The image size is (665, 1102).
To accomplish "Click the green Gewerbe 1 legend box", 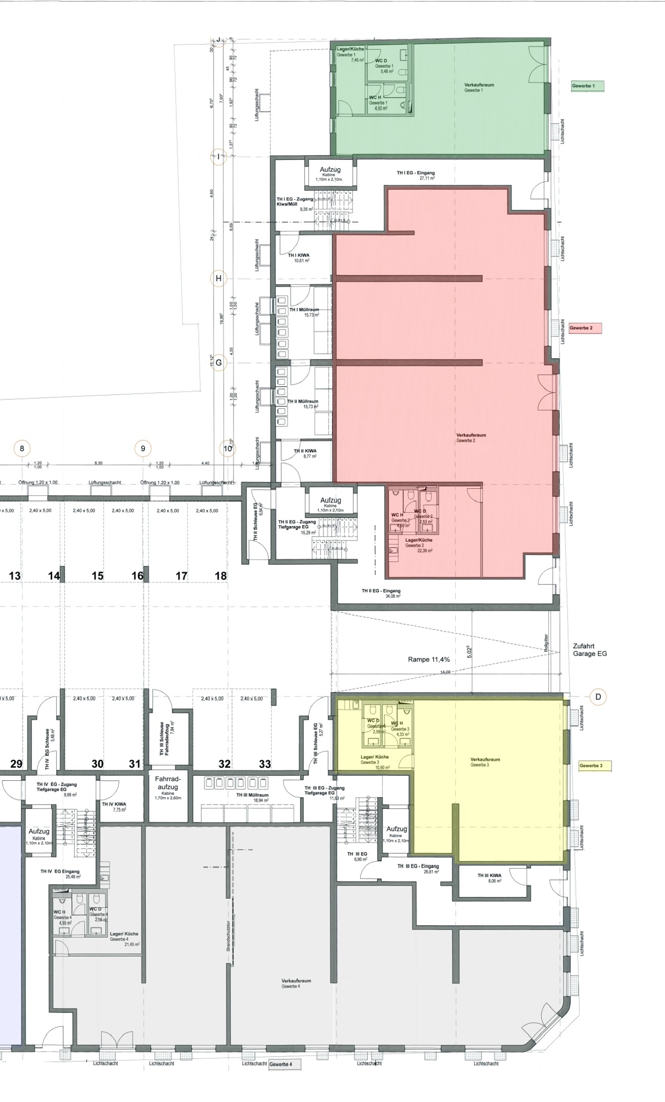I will click(x=587, y=86).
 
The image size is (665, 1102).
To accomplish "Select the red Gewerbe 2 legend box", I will click(x=585, y=328).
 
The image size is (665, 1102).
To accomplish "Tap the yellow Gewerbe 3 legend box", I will click(x=595, y=766).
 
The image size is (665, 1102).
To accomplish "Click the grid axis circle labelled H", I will click(x=219, y=278).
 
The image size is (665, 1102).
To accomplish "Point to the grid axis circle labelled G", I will click(x=219, y=363).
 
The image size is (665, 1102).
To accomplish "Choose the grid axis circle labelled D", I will click(x=598, y=696).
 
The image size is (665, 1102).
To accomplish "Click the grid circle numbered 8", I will click(x=22, y=449).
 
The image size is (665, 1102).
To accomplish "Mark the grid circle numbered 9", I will click(x=143, y=449).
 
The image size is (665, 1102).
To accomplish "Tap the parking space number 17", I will click(x=181, y=576).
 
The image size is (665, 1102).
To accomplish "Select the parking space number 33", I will click(x=265, y=764).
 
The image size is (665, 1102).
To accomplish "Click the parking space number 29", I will click(x=16, y=764).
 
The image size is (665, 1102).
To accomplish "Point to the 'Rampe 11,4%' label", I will click(x=429, y=660).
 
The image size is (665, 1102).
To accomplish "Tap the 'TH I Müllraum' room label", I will click(x=304, y=312).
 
